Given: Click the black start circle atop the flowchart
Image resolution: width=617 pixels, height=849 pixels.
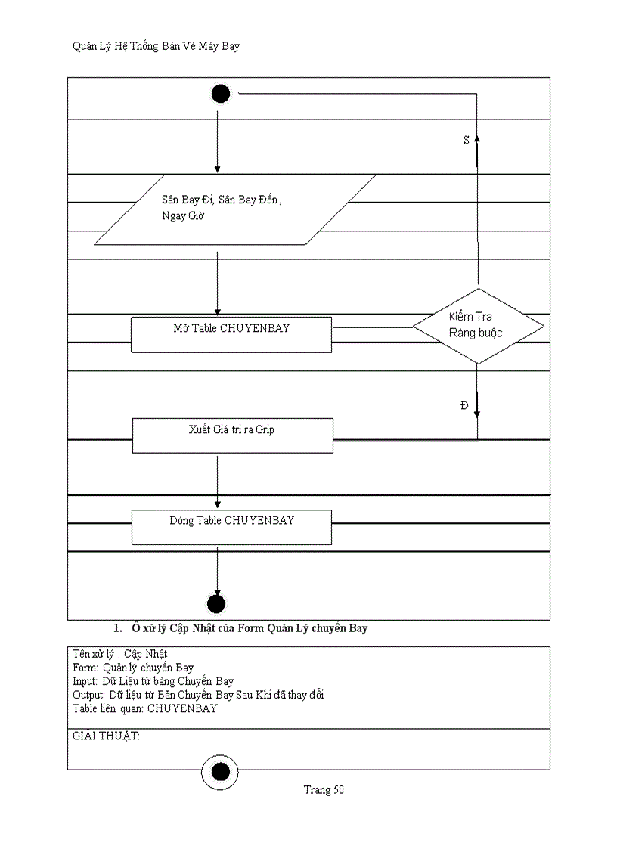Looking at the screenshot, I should (x=220, y=94).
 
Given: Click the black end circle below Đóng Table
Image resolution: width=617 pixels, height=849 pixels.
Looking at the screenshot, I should (x=216, y=603).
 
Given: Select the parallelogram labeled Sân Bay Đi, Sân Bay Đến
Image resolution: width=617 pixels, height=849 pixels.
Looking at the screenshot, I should (x=234, y=209).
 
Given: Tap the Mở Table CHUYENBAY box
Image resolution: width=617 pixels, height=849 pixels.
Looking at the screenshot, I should (x=231, y=334).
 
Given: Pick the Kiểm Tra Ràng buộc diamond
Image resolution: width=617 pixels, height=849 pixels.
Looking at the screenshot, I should (x=477, y=326).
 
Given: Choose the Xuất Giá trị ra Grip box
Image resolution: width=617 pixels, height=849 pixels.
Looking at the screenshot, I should (x=232, y=435).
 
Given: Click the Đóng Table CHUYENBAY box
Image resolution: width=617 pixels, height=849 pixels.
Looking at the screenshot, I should (x=231, y=527).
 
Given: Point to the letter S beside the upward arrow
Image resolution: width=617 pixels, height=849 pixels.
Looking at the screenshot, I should (x=466, y=141).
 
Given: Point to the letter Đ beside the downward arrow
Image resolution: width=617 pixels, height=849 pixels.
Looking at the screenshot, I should (x=464, y=406).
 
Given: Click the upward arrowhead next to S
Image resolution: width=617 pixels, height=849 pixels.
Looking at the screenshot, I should (x=477, y=140).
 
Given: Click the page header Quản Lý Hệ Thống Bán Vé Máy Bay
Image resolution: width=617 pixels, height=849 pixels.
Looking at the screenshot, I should (x=156, y=47).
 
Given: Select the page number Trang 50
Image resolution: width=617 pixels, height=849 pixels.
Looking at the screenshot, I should (x=324, y=790).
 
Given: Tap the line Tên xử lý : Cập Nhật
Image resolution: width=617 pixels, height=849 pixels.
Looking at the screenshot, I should (x=119, y=654).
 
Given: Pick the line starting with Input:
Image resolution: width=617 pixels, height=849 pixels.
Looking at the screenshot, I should (x=153, y=681).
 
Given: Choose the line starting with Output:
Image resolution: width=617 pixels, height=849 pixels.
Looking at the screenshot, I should (x=198, y=695).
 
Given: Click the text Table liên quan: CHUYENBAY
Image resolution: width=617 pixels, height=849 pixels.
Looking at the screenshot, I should (x=144, y=708).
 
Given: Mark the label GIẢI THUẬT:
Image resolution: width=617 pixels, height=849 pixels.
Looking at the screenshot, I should (x=106, y=736).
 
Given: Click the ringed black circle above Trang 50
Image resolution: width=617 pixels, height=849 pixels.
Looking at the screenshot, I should (x=220, y=772).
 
